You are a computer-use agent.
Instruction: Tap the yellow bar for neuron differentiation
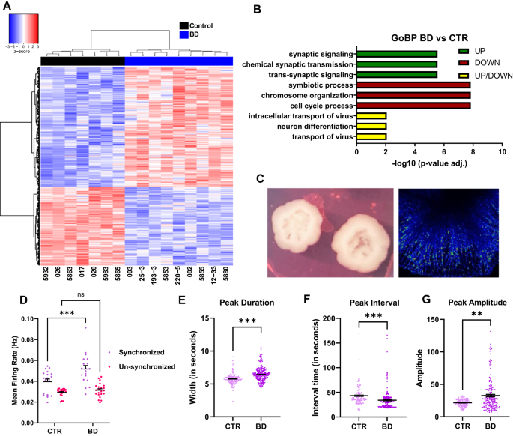point(371,127)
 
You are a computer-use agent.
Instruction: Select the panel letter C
point(258,180)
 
